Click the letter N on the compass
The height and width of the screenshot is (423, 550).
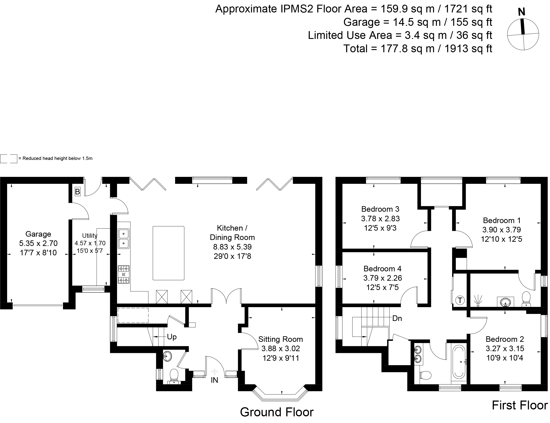click(521, 12)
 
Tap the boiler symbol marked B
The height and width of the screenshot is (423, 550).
click(78, 192)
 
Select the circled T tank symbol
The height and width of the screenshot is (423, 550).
click(460, 300)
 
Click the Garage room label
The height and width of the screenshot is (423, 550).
click(38, 234)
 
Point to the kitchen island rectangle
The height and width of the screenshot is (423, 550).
click(168, 253)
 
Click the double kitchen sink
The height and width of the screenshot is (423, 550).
click(124, 239)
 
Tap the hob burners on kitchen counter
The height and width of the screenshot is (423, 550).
click(124, 274)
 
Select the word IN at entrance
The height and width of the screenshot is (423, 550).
click(214, 380)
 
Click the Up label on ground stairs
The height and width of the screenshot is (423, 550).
click(172, 337)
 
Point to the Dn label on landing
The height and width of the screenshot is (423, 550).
click(397, 318)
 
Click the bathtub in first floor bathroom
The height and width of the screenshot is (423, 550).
click(459, 362)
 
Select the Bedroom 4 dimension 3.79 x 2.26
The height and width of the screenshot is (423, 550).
click(382, 278)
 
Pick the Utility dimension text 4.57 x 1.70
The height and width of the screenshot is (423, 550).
click(90, 243)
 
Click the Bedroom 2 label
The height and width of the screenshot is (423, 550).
click(505, 339)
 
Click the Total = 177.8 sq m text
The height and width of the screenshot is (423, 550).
click(418, 49)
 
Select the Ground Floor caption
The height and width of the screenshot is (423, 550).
click(277, 412)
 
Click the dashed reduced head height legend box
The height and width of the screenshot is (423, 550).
click(8, 159)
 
